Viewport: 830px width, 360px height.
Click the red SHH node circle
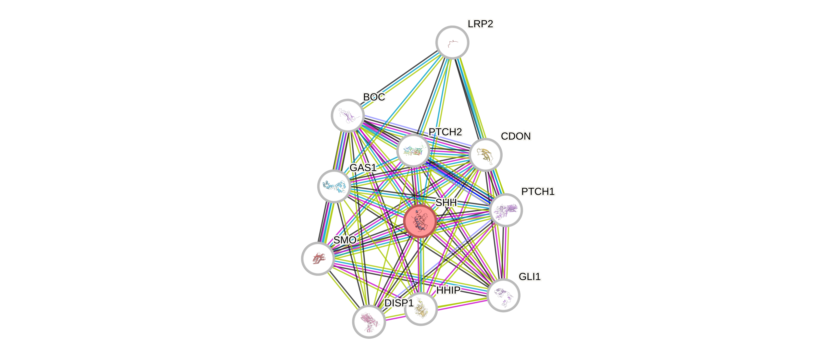tap(420, 221)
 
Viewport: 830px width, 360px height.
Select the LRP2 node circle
tap(452, 42)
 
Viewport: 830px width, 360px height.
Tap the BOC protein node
tap(348, 115)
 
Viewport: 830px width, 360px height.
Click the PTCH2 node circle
tap(413, 150)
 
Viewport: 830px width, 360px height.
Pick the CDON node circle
tap(485, 155)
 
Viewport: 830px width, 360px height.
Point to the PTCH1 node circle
tap(505, 210)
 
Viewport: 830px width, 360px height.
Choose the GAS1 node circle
tap(334, 186)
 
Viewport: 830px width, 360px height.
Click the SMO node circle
tap(318, 258)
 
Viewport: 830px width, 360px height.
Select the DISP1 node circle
tap(369, 321)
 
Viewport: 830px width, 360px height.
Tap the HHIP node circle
tap(421, 309)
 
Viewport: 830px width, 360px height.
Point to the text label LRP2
tap(480, 24)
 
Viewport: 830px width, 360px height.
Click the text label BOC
tap(374, 97)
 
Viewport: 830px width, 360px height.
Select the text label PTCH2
tap(445, 132)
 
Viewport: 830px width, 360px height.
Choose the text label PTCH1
tap(538, 192)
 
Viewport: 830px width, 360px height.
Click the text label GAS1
tap(363, 167)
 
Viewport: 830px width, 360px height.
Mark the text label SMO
tap(345, 240)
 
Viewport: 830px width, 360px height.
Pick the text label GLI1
tap(530, 277)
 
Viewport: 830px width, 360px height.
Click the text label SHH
tap(446, 202)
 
